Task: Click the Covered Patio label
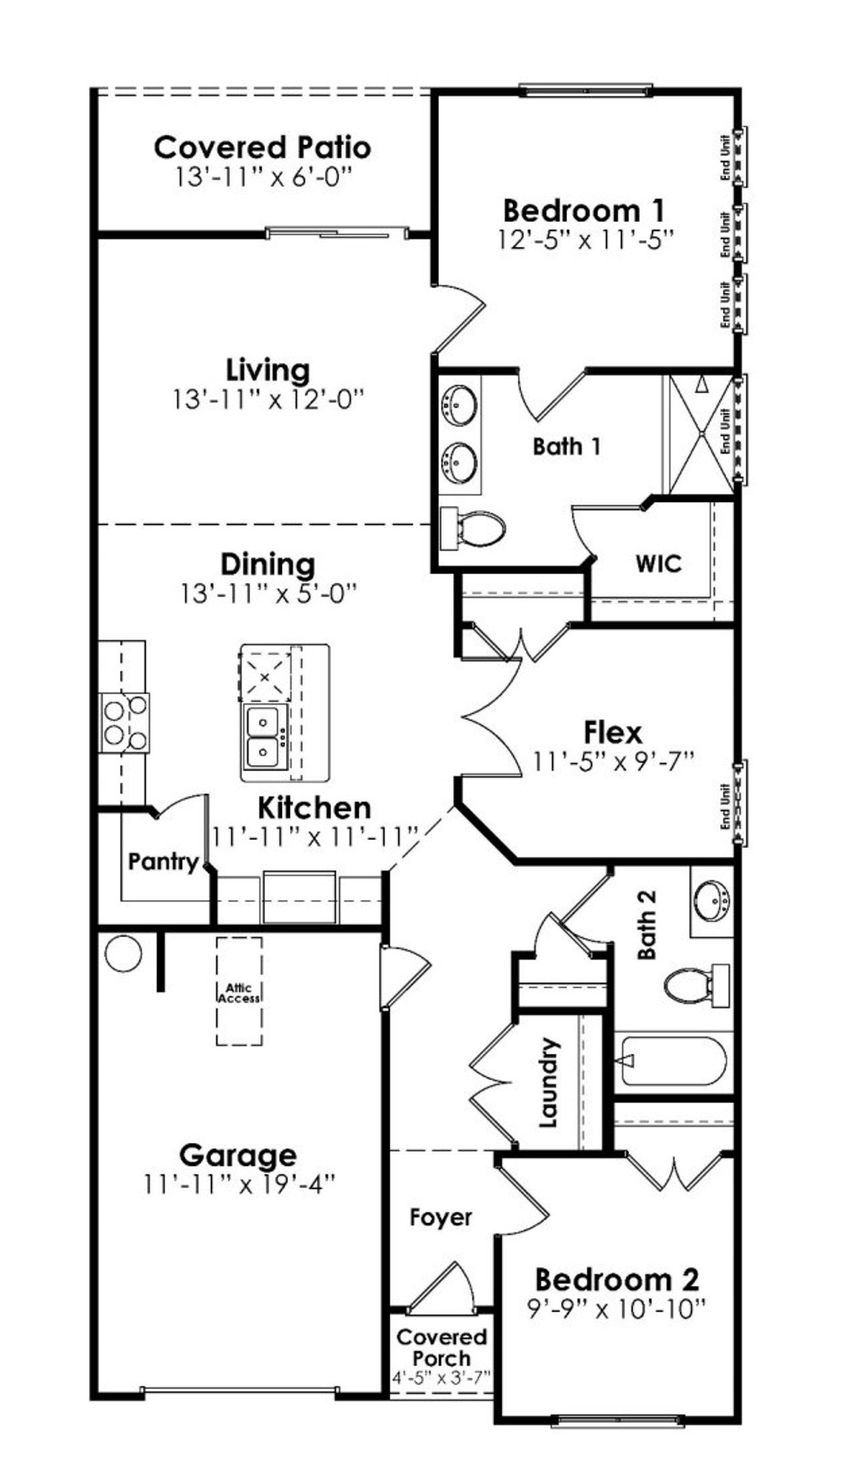(262, 147)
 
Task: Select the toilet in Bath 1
(472, 528)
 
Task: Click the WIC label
(658, 563)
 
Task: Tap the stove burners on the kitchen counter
(125, 724)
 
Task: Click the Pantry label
(164, 861)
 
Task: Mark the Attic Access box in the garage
(238, 991)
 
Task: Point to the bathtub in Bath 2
(673, 1061)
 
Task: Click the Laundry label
(548, 1083)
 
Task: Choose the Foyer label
(440, 1217)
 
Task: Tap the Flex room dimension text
(613, 761)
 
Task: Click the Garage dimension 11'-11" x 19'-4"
(238, 1185)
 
